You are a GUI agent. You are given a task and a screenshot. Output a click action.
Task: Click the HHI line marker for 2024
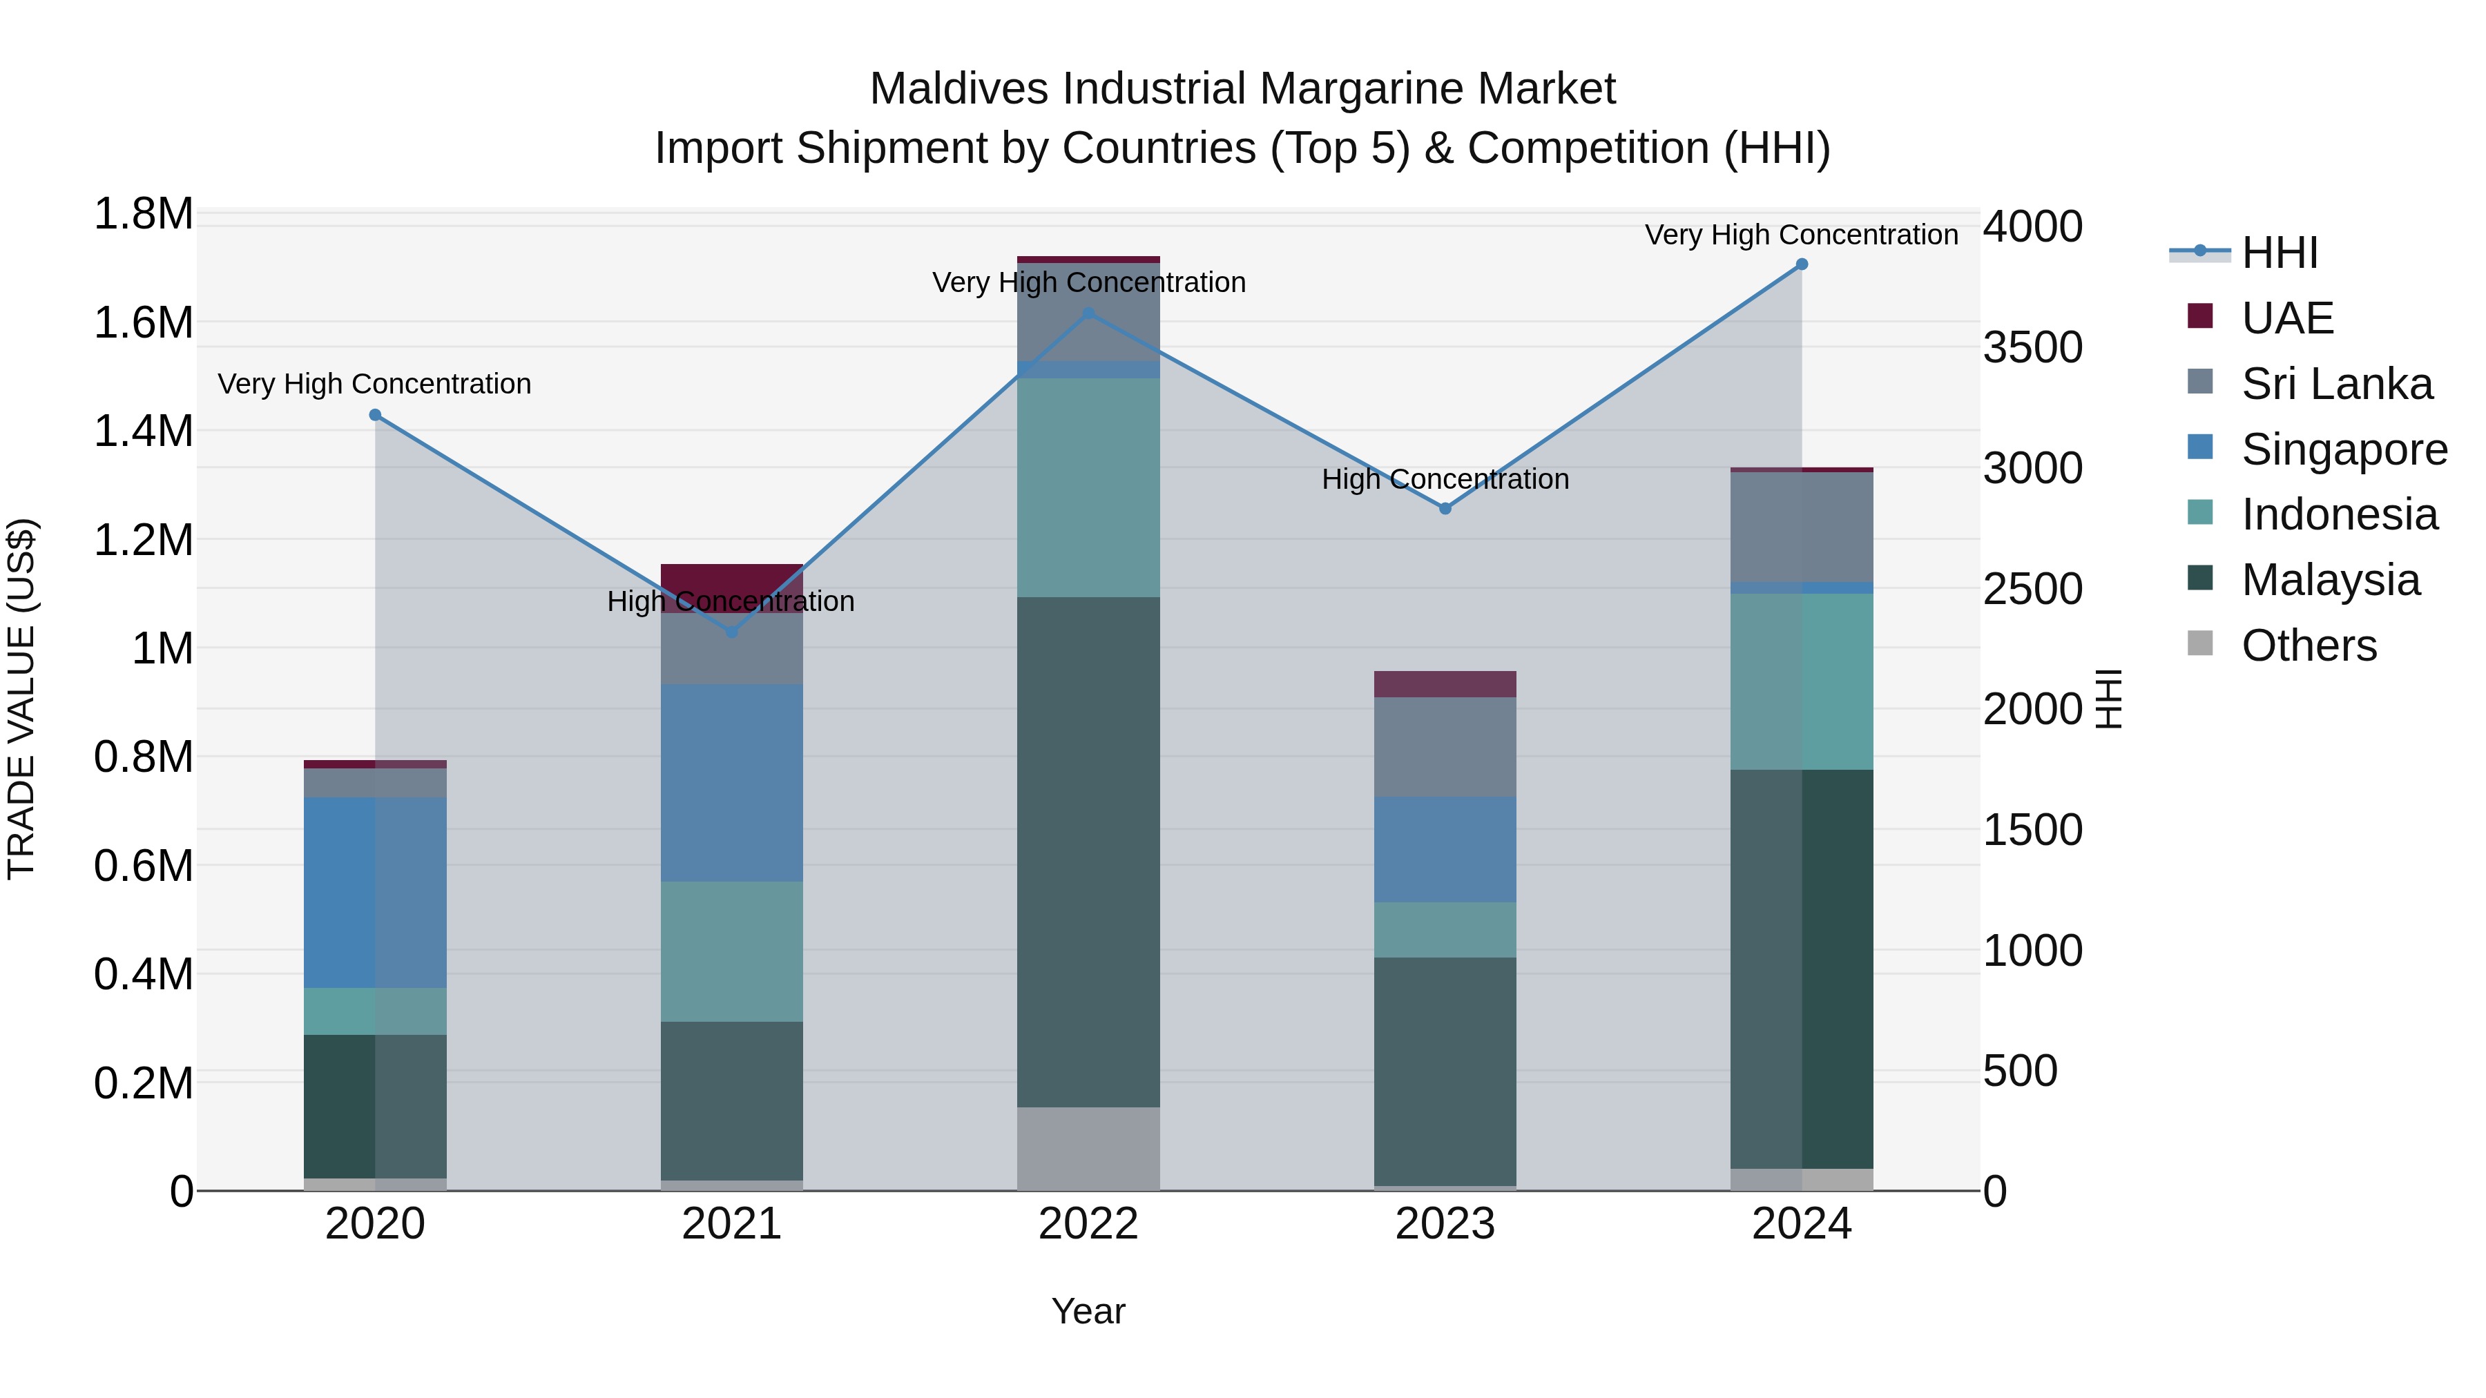1801,264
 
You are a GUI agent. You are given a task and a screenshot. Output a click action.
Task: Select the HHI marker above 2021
731,632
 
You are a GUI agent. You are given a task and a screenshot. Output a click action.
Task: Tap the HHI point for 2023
1445,508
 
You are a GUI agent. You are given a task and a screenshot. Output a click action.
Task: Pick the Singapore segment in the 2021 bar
731,782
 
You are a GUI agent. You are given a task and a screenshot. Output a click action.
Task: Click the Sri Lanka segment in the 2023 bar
1445,747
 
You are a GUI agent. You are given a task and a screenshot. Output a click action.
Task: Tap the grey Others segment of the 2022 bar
1088,1148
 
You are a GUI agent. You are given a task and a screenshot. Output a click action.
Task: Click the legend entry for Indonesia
2338,514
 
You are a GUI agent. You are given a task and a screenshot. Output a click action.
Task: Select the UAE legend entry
2286,318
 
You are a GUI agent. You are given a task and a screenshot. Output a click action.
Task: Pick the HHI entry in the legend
2279,253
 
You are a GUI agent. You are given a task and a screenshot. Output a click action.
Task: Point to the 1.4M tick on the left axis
143,431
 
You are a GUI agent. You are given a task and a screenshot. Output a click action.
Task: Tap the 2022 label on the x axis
1088,1224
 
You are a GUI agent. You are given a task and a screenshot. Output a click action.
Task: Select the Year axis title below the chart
1088,1311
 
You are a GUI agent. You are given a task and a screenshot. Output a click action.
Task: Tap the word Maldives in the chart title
961,89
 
